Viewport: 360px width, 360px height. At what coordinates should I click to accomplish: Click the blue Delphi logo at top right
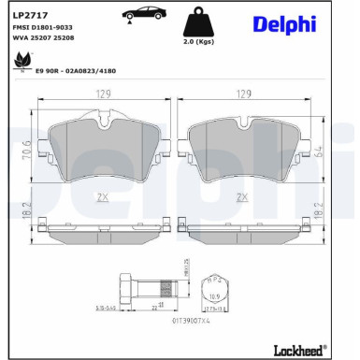tap(282, 23)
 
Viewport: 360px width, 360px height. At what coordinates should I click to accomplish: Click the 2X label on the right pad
tap(243, 197)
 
